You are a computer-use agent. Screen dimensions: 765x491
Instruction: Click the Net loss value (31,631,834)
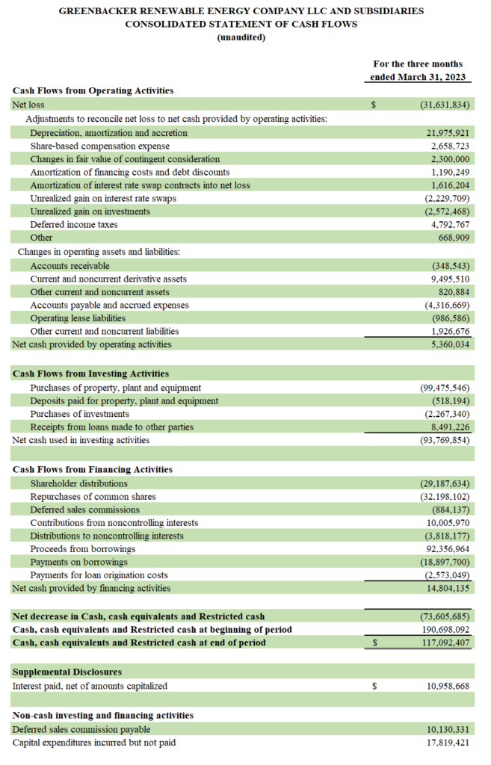445,105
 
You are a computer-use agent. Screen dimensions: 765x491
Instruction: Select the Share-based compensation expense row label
99,146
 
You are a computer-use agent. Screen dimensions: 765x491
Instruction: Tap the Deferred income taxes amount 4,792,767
448,224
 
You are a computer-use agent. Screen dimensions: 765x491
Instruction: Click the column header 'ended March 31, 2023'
418,77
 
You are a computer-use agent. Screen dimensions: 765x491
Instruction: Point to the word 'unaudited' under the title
241,37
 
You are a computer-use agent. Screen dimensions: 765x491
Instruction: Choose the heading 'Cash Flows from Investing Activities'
90,374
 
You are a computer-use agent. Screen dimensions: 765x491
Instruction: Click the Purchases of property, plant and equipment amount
445,388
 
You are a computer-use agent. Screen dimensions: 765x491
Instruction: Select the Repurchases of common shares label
93,496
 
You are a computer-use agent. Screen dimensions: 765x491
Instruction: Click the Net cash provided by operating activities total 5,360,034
448,344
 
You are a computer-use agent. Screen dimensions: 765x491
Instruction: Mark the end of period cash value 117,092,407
444,642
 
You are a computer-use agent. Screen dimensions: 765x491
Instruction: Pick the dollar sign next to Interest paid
374,686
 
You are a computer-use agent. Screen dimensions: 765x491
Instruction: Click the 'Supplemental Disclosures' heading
67,672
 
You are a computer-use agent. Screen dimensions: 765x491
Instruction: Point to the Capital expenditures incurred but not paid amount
446,743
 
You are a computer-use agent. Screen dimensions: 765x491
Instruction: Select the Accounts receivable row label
70,265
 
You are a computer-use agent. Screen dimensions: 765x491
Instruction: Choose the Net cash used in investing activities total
445,440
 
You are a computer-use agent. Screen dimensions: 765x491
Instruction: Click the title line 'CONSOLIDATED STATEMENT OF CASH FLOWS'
241,24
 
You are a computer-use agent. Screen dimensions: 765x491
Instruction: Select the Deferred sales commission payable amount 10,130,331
446,729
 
